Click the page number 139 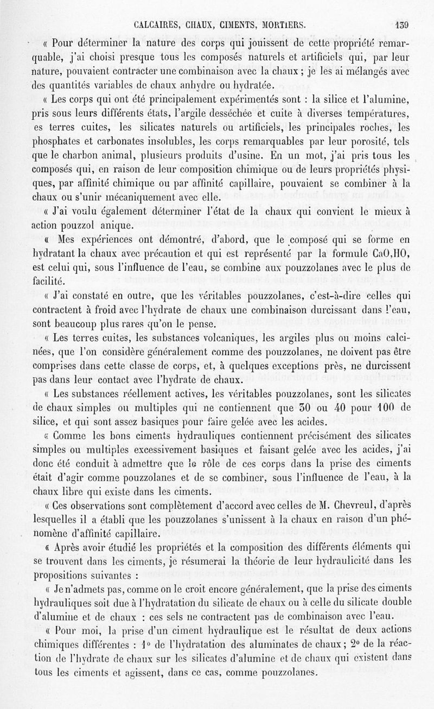tap(401, 24)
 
